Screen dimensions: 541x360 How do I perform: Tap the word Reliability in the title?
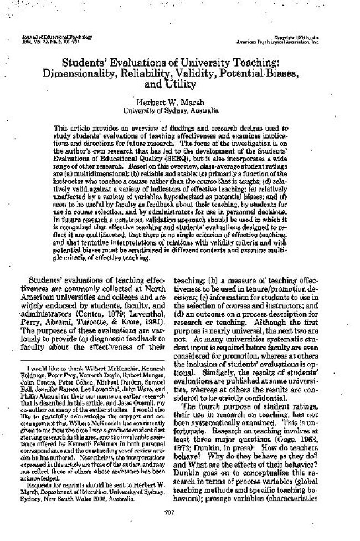coord(154,74)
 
